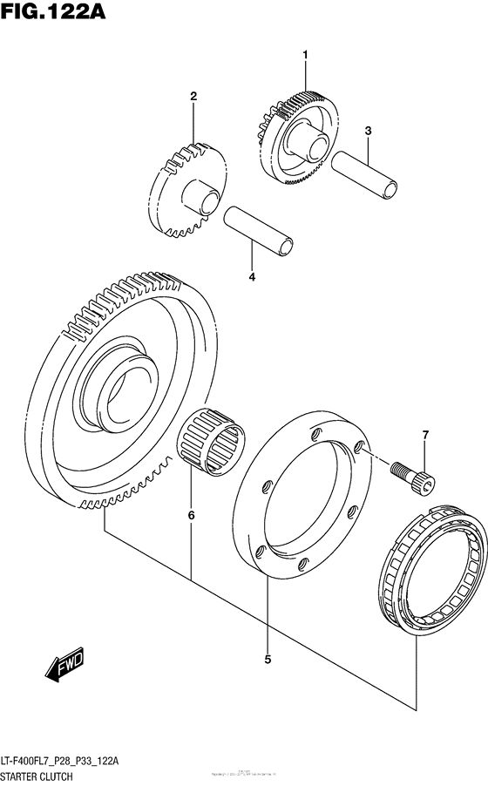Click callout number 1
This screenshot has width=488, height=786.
[x=306, y=55]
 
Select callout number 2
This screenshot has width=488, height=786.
[x=194, y=96]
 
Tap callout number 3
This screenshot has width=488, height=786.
[x=369, y=131]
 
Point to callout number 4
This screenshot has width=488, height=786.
[x=251, y=277]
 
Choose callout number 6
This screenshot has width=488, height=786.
[x=191, y=515]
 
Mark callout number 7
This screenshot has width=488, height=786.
[x=425, y=434]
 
